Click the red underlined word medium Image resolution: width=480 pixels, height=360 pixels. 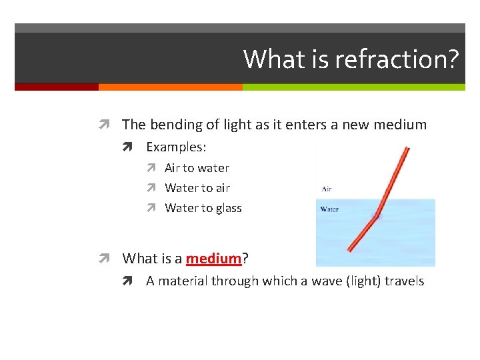pyautogui.click(x=213, y=258)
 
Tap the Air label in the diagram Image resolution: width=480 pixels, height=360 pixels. pyautogui.click(x=326, y=189)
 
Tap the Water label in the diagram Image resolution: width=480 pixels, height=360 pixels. pyautogui.click(x=329, y=209)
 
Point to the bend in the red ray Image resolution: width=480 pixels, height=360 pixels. pyautogui.click(x=377, y=215)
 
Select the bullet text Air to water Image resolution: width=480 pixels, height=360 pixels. pyautogui.click(x=197, y=168)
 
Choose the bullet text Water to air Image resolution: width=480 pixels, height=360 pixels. pyautogui.click(x=197, y=188)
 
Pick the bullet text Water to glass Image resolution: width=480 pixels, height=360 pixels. pyautogui.click(x=203, y=208)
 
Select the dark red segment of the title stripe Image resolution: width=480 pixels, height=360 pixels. pyautogui.click(x=57, y=87)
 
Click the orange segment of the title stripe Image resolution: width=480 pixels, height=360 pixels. pyautogui.click(x=170, y=87)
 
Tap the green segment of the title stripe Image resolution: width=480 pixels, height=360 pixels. pyautogui.click(x=353, y=87)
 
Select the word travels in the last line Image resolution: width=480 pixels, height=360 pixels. pyautogui.click(x=402, y=281)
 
